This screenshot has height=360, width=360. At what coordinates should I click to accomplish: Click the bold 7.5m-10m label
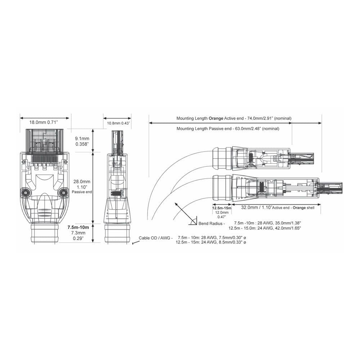78,228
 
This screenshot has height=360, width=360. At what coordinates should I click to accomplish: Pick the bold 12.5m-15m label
221,208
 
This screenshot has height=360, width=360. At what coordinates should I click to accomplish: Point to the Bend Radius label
211,223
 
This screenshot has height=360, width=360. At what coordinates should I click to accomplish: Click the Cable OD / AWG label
156,238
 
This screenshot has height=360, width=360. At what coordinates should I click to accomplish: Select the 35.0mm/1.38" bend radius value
288,223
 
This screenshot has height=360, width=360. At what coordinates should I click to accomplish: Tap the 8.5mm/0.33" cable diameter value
233,243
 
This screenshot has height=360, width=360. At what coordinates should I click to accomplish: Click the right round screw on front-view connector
63,193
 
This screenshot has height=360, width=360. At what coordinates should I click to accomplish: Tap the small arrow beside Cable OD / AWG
135,243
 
